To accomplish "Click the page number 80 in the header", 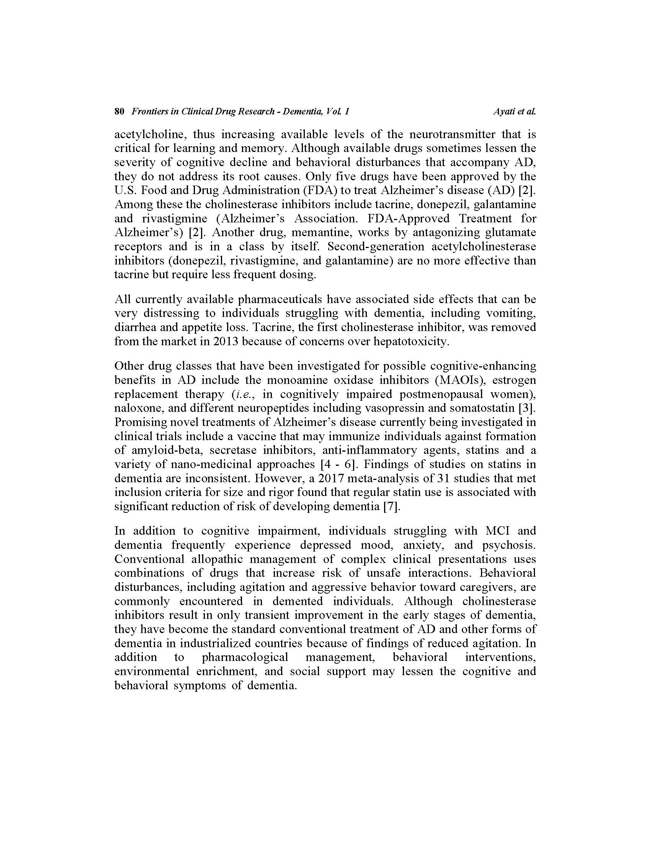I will pos(119,112).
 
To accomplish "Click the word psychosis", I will pos(509,545).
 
